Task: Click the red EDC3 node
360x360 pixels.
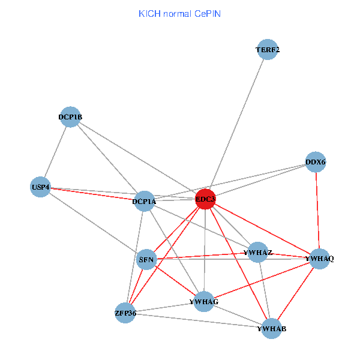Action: pyautogui.click(x=205, y=199)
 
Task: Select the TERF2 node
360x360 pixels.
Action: pyautogui.click(x=268, y=50)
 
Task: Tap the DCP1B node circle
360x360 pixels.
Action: pyautogui.click(x=70, y=117)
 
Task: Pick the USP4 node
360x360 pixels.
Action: pyautogui.click(x=40, y=187)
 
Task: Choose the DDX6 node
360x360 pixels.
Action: pyautogui.click(x=316, y=162)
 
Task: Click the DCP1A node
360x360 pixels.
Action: pyautogui.click(x=144, y=202)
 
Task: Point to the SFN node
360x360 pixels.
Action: pyautogui.click(x=147, y=260)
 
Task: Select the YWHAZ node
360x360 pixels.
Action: pyautogui.click(x=259, y=253)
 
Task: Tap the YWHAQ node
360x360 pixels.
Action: pyautogui.click(x=319, y=259)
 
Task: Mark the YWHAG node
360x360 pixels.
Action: pyautogui.click(x=203, y=301)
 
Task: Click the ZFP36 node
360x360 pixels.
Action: pyautogui.click(x=125, y=313)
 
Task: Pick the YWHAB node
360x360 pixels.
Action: pyautogui.click(x=272, y=328)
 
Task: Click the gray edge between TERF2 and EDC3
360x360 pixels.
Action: pyautogui.click(x=236, y=124)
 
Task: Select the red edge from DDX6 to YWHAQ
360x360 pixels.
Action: pyautogui.click(x=317, y=210)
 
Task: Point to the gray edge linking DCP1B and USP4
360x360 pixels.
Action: pyautogui.click(x=55, y=152)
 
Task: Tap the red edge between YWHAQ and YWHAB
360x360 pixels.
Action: pyautogui.click(x=295, y=293)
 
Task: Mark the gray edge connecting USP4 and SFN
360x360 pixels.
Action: pyautogui.click(x=94, y=223)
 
